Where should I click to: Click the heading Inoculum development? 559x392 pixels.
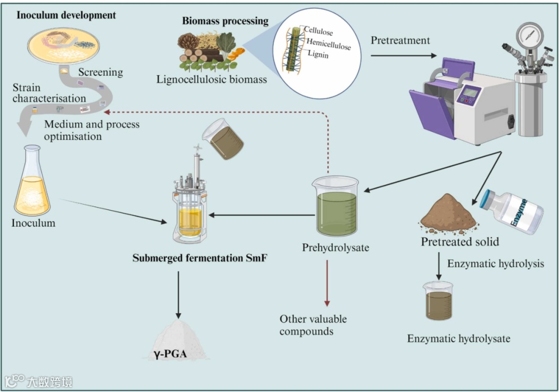(x=66, y=15)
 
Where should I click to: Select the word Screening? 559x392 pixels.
(x=101, y=72)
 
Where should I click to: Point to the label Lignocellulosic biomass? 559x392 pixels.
(x=212, y=79)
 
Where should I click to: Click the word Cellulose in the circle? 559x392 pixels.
(x=318, y=31)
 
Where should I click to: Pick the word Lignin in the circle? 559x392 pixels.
(x=318, y=53)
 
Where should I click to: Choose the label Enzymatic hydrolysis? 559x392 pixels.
(x=495, y=264)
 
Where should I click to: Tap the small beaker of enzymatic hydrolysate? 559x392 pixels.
(x=438, y=301)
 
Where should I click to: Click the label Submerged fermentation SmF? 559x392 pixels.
(x=200, y=258)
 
